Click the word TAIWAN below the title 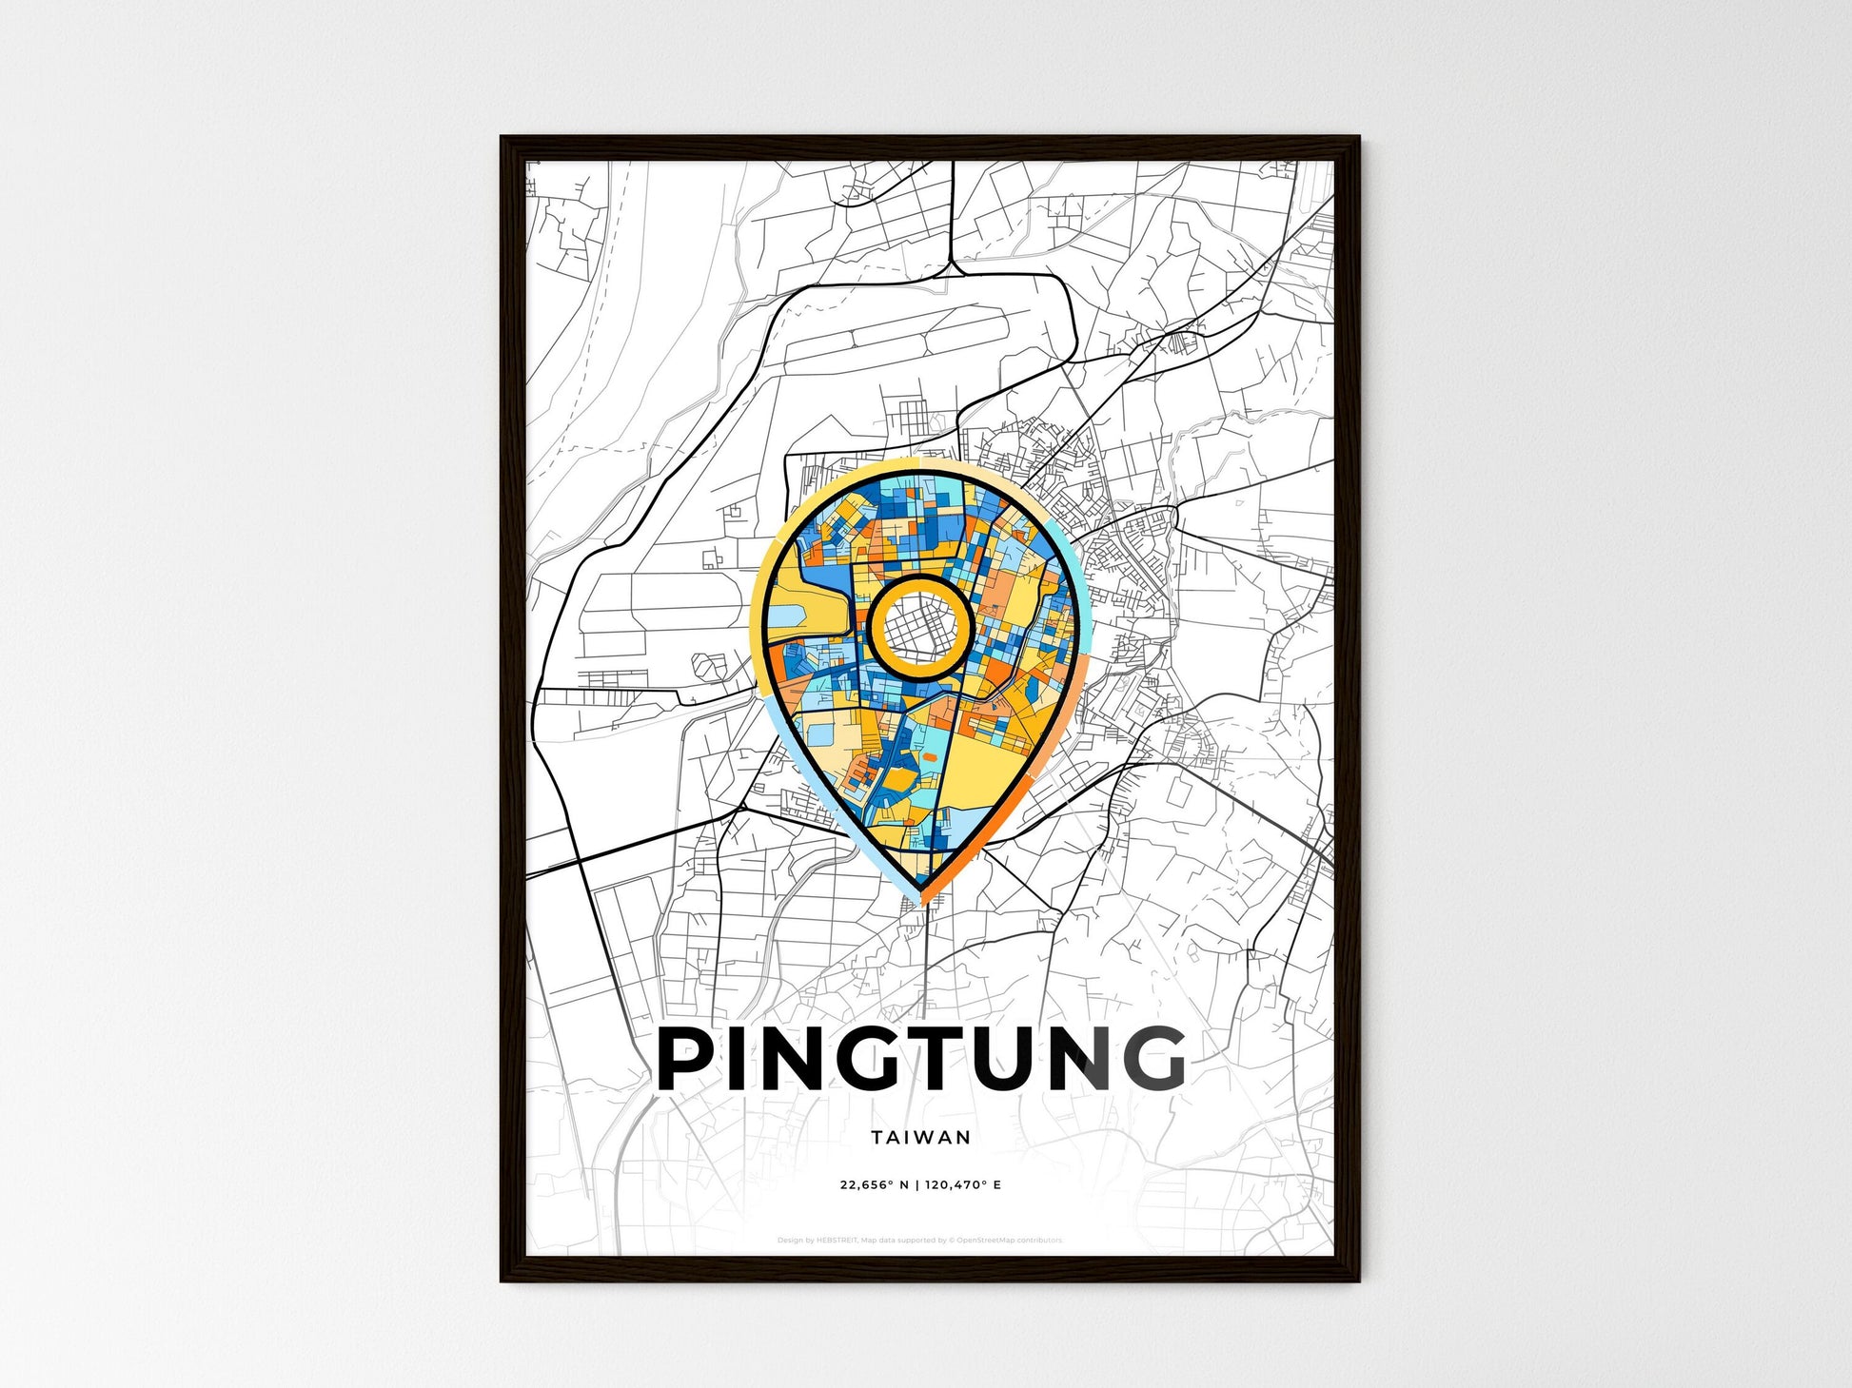click(920, 1137)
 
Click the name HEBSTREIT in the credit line click(837, 1241)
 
